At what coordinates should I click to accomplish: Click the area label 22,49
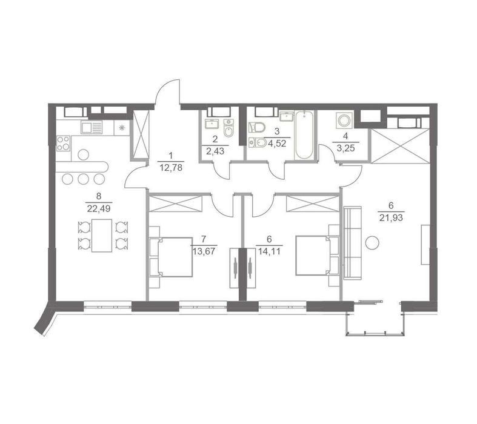99,209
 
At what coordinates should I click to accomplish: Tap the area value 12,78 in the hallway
171,167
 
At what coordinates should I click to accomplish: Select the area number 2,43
215,151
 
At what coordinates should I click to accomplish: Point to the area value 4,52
276,144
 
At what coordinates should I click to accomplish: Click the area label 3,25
346,148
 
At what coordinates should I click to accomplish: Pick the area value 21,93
391,217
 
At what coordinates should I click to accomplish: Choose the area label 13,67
204,251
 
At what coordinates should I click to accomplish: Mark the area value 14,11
269,251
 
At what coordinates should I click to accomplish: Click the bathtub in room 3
304,134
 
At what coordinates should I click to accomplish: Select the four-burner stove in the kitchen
63,143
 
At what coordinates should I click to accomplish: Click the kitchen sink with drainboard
92,127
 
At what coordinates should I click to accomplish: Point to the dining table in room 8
102,235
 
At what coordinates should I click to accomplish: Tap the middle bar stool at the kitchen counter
84,179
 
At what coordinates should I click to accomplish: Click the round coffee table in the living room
372,242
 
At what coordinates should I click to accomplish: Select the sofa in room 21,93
353,243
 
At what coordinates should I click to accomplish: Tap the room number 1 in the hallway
171,156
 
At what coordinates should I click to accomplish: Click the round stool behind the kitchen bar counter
84,154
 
